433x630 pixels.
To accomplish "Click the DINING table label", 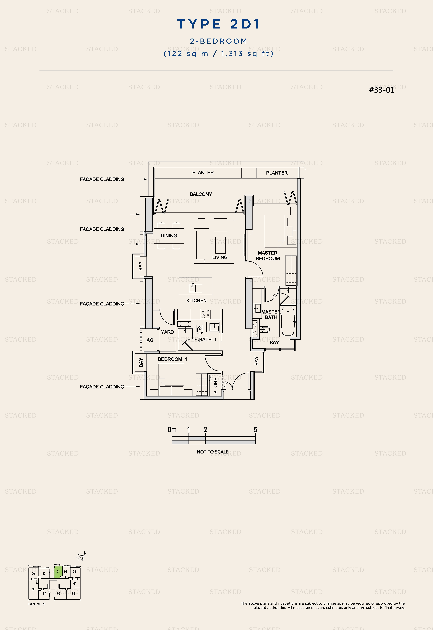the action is (x=169, y=236).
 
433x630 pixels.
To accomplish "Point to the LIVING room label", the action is (x=220, y=257).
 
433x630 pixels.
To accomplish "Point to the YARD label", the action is (x=167, y=332).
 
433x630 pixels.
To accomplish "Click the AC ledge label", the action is (x=150, y=340).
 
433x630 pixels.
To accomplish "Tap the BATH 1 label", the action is (x=208, y=340).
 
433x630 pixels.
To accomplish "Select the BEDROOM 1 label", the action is (x=173, y=359).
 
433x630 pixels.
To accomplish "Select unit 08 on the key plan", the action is (x=33, y=589).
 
